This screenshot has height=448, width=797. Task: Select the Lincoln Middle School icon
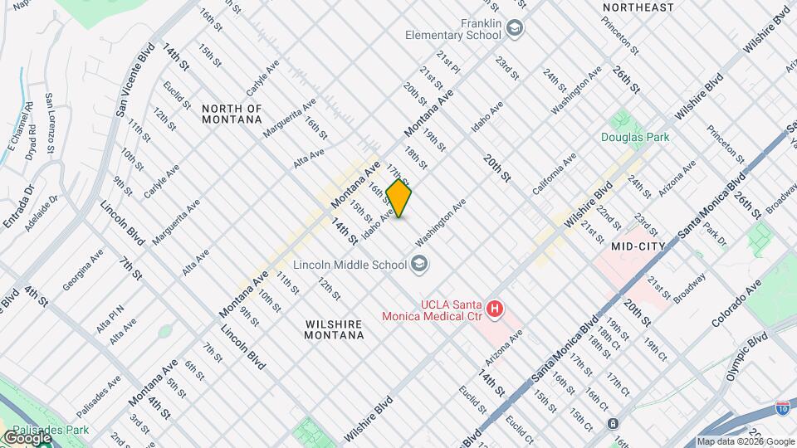(x=420, y=264)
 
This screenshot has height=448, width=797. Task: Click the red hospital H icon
(x=495, y=309)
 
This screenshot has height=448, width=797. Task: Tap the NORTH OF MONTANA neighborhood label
(x=232, y=114)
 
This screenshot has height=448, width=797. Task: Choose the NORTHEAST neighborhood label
(x=638, y=7)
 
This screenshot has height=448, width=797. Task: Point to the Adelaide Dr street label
(x=42, y=211)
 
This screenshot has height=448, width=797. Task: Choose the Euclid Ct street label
(x=518, y=428)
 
